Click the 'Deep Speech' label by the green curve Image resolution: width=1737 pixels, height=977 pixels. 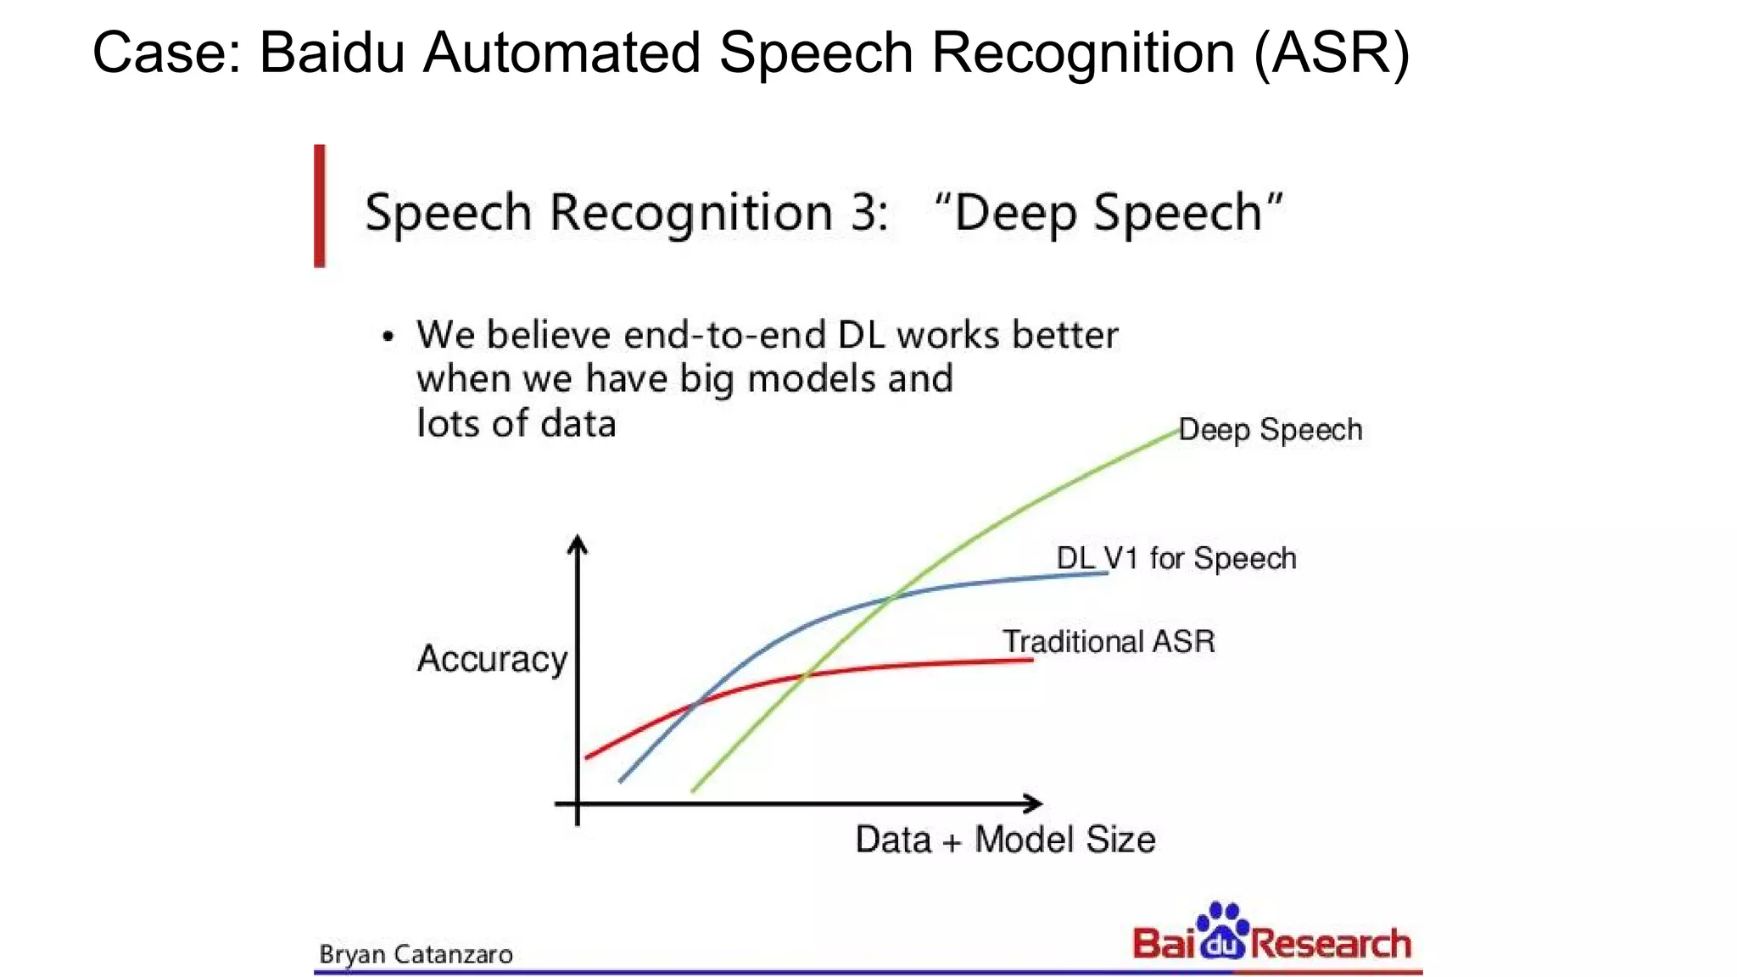click(x=1270, y=430)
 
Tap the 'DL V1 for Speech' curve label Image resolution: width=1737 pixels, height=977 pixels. click(x=1176, y=559)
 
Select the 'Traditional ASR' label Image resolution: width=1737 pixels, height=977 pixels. click(x=1108, y=642)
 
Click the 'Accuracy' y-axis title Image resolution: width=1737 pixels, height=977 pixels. click(x=492, y=659)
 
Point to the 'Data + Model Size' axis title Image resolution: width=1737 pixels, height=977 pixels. click(x=1005, y=840)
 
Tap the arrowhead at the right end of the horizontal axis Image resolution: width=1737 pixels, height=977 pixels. click(x=1034, y=803)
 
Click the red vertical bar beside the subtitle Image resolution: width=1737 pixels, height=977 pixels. click(x=320, y=206)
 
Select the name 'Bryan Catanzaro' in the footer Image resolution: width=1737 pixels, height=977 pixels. click(x=416, y=955)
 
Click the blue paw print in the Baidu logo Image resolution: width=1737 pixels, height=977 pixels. click(x=1222, y=930)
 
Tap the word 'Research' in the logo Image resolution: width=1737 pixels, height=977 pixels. click(x=1330, y=944)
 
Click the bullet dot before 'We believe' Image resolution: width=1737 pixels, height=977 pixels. click(x=388, y=337)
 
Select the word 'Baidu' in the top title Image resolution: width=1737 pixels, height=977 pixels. click(x=332, y=53)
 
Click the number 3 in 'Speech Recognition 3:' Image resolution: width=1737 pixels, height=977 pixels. click(x=864, y=212)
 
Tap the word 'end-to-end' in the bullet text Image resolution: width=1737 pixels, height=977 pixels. click(x=724, y=335)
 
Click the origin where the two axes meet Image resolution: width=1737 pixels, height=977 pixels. click(x=578, y=803)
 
